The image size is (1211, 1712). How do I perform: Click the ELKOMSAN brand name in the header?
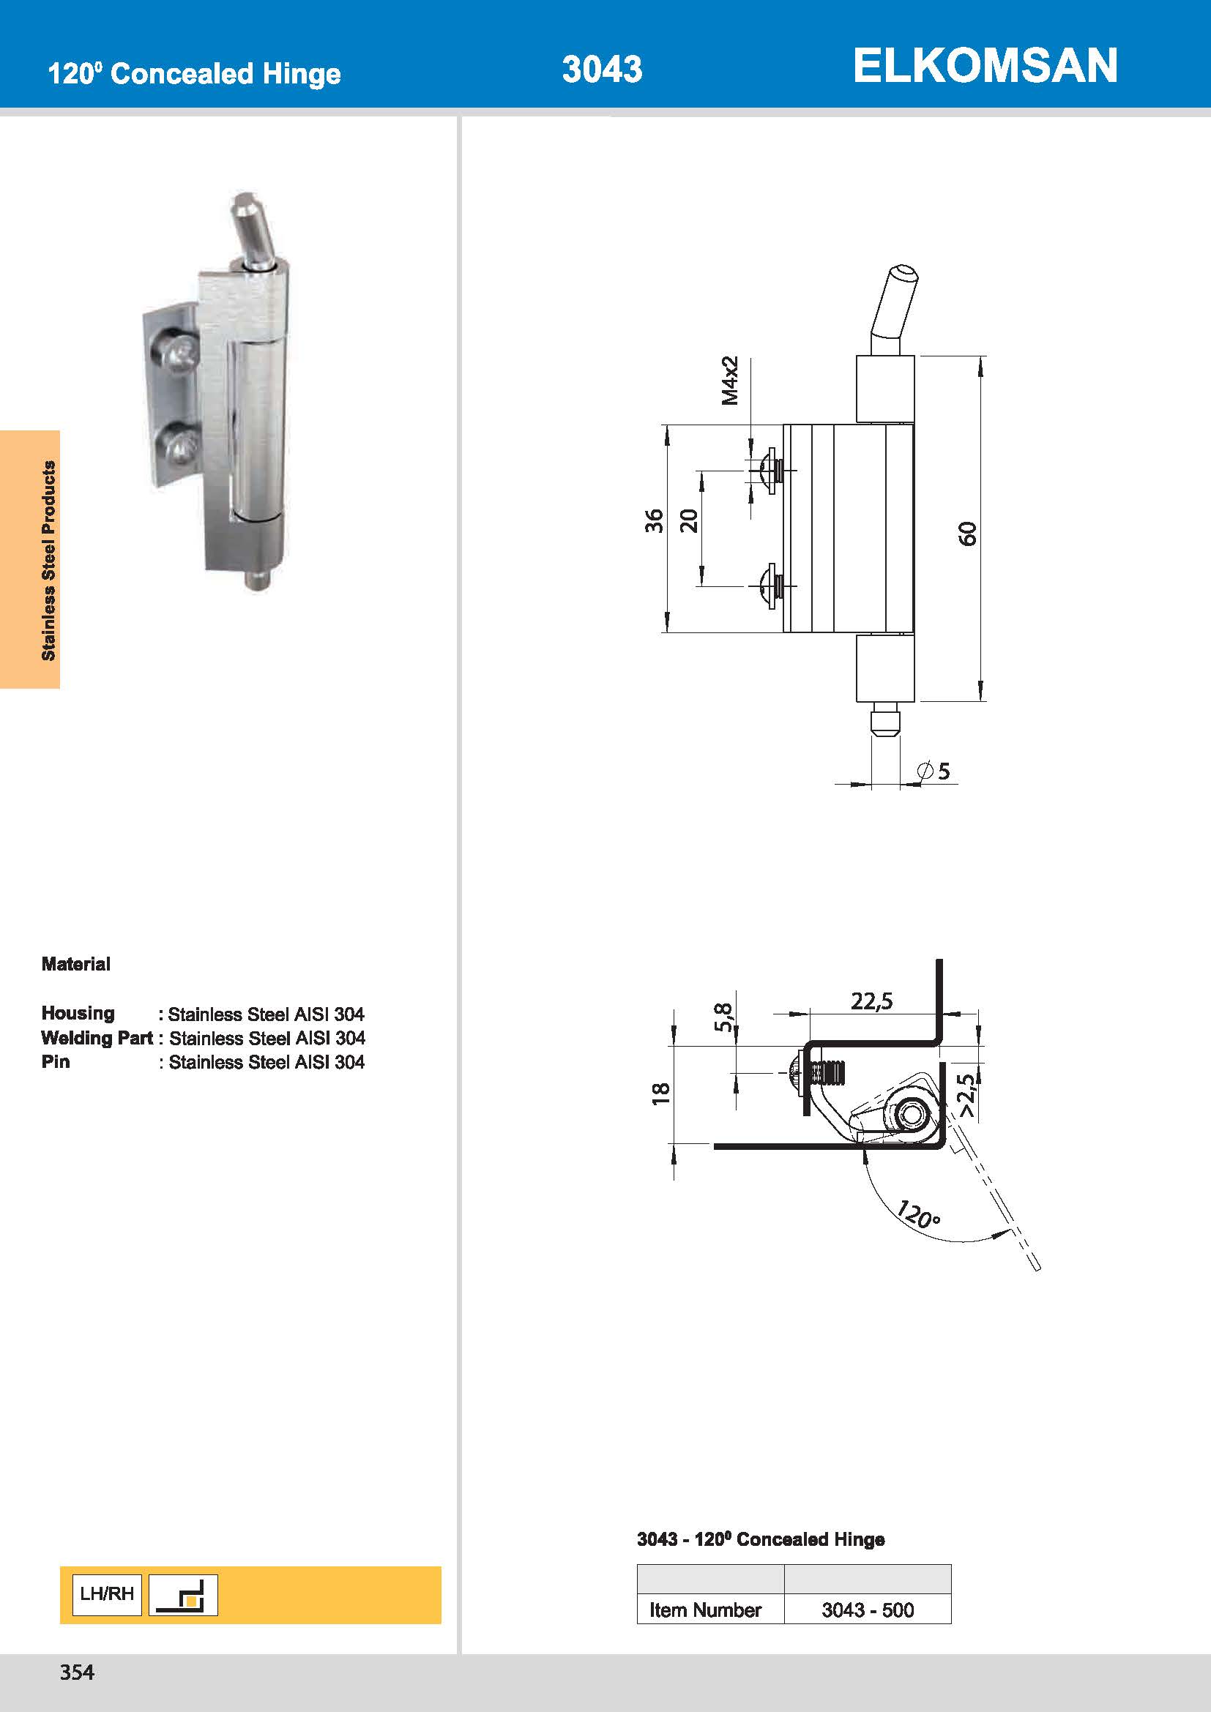click(x=984, y=66)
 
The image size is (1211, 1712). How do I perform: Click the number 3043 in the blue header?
click(x=602, y=70)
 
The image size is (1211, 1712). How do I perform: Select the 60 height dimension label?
click(x=966, y=533)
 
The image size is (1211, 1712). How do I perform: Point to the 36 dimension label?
click(x=654, y=520)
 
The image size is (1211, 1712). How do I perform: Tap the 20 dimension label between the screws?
click(x=689, y=520)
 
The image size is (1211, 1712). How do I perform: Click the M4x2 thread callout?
click(x=729, y=381)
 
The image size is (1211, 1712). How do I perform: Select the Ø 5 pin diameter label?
click(x=934, y=771)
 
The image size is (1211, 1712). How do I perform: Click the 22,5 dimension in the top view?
click(x=871, y=1001)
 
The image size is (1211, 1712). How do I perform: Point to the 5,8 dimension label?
click(x=723, y=1017)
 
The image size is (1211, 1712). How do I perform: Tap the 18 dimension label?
click(x=660, y=1093)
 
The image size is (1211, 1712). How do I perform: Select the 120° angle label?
click(x=918, y=1214)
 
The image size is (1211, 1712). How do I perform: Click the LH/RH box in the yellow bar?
click(x=107, y=1594)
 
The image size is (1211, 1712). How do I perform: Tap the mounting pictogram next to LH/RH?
click(x=184, y=1595)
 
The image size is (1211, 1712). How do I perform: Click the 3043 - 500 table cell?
click(x=867, y=1610)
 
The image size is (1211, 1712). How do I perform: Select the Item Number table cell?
click(x=704, y=1610)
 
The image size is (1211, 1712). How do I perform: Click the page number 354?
click(x=77, y=1672)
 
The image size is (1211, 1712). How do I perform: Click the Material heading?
click(x=76, y=964)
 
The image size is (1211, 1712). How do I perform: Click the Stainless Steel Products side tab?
click(x=48, y=560)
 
